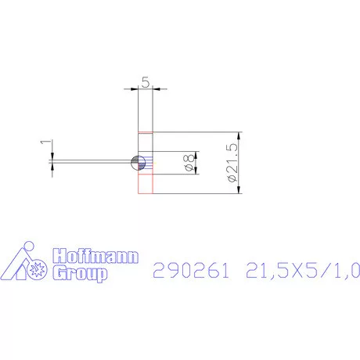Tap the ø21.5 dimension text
(231, 162)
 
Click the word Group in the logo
(78, 273)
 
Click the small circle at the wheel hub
(139, 163)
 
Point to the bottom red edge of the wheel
(145, 193)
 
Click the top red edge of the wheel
(145, 132)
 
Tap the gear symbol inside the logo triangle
(34, 271)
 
